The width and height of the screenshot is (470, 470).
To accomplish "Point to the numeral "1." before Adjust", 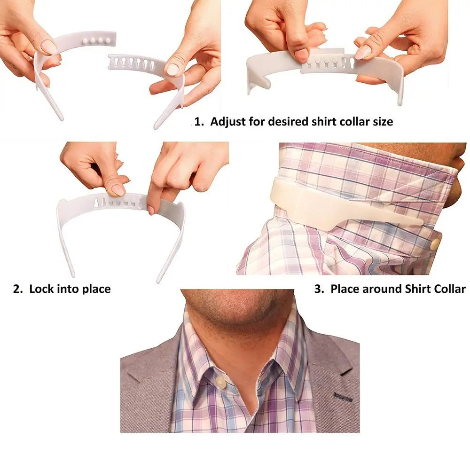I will [x=199, y=121].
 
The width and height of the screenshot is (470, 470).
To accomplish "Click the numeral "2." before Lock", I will [x=18, y=289].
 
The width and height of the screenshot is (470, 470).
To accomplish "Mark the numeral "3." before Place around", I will [x=320, y=289].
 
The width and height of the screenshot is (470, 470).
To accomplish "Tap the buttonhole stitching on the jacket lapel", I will [x=343, y=397].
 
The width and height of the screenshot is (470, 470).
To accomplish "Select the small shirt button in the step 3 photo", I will [x=435, y=243].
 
